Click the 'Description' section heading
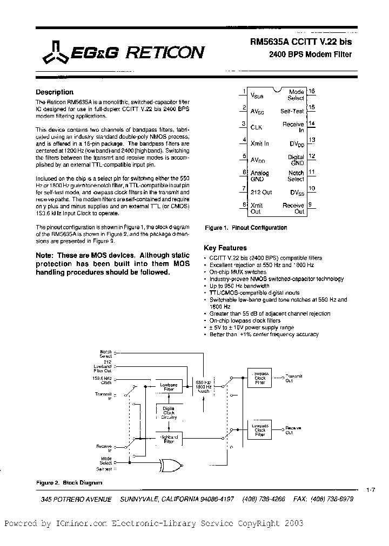pos(55,92)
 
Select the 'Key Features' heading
pos(225,248)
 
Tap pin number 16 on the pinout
pos(312,92)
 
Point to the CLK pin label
pos(256,127)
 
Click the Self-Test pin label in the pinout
pos(292,111)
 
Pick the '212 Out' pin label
pos(261,191)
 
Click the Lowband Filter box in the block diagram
pos(169,386)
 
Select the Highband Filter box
pos(169,439)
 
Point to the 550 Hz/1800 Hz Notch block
pos(204,386)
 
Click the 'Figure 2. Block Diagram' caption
pos(69,482)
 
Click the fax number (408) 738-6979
pos(328,500)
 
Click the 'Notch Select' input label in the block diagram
pos(105,353)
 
